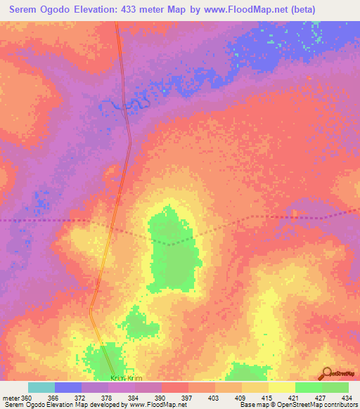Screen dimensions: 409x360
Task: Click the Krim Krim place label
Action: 122,378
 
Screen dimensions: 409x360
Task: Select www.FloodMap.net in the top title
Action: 240,10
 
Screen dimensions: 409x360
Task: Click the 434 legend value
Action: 345,398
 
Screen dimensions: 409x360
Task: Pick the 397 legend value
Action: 185,398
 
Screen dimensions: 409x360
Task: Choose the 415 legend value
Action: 265,398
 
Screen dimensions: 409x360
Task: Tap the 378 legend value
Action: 105,398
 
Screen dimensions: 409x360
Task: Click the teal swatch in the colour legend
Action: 41,387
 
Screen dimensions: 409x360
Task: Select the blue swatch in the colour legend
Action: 68,387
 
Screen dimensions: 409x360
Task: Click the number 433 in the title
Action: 140,10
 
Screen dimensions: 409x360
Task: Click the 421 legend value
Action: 292,398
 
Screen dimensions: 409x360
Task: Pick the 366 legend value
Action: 53,398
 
